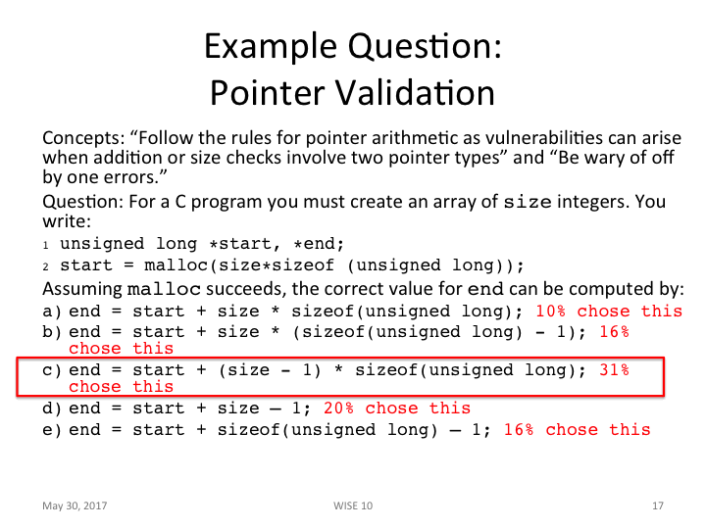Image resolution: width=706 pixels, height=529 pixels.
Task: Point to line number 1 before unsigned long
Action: point(46,246)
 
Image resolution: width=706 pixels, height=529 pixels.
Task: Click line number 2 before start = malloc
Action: point(46,266)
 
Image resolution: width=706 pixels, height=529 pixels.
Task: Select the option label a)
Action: point(52,311)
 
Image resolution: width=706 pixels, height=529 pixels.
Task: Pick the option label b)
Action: point(52,331)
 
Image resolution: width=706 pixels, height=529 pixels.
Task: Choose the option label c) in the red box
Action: point(52,369)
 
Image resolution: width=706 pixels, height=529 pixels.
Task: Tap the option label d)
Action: point(52,408)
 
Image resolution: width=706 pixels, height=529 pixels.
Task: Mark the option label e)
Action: point(52,429)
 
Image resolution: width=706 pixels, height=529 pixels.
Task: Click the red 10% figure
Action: point(551,311)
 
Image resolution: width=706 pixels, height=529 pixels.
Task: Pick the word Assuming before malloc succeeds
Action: point(82,289)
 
